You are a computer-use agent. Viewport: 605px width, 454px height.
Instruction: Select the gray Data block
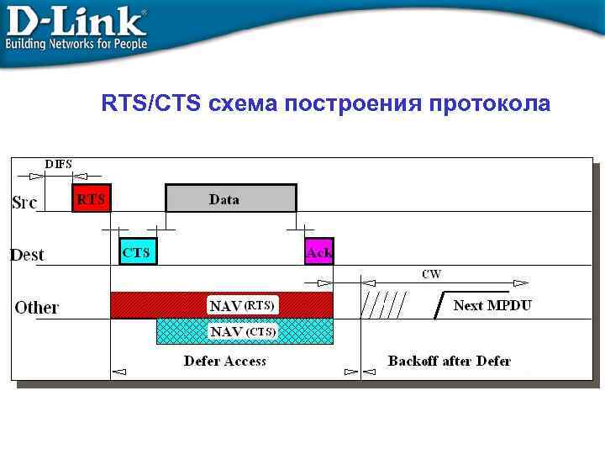point(231,198)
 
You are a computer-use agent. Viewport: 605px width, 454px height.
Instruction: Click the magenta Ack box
point(319,251)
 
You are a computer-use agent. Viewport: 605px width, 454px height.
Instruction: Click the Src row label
point(25,203)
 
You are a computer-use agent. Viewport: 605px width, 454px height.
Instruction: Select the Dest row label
point(28,255)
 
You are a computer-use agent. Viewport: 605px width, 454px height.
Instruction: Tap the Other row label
point(37,308)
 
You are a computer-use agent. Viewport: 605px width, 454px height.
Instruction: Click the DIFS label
point(58,163)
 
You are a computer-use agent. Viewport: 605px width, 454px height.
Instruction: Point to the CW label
point(431,274)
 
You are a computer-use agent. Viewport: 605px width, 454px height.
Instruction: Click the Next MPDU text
point(492,305)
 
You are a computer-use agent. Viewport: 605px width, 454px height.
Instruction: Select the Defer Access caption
point(225,362)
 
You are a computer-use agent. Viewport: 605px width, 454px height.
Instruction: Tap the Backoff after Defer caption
point(449,362)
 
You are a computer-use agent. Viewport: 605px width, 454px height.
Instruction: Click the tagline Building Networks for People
point(76,44)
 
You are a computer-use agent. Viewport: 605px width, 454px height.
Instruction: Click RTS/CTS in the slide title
point(151,104)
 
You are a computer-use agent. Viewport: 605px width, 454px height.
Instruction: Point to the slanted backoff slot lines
point(384,305)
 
